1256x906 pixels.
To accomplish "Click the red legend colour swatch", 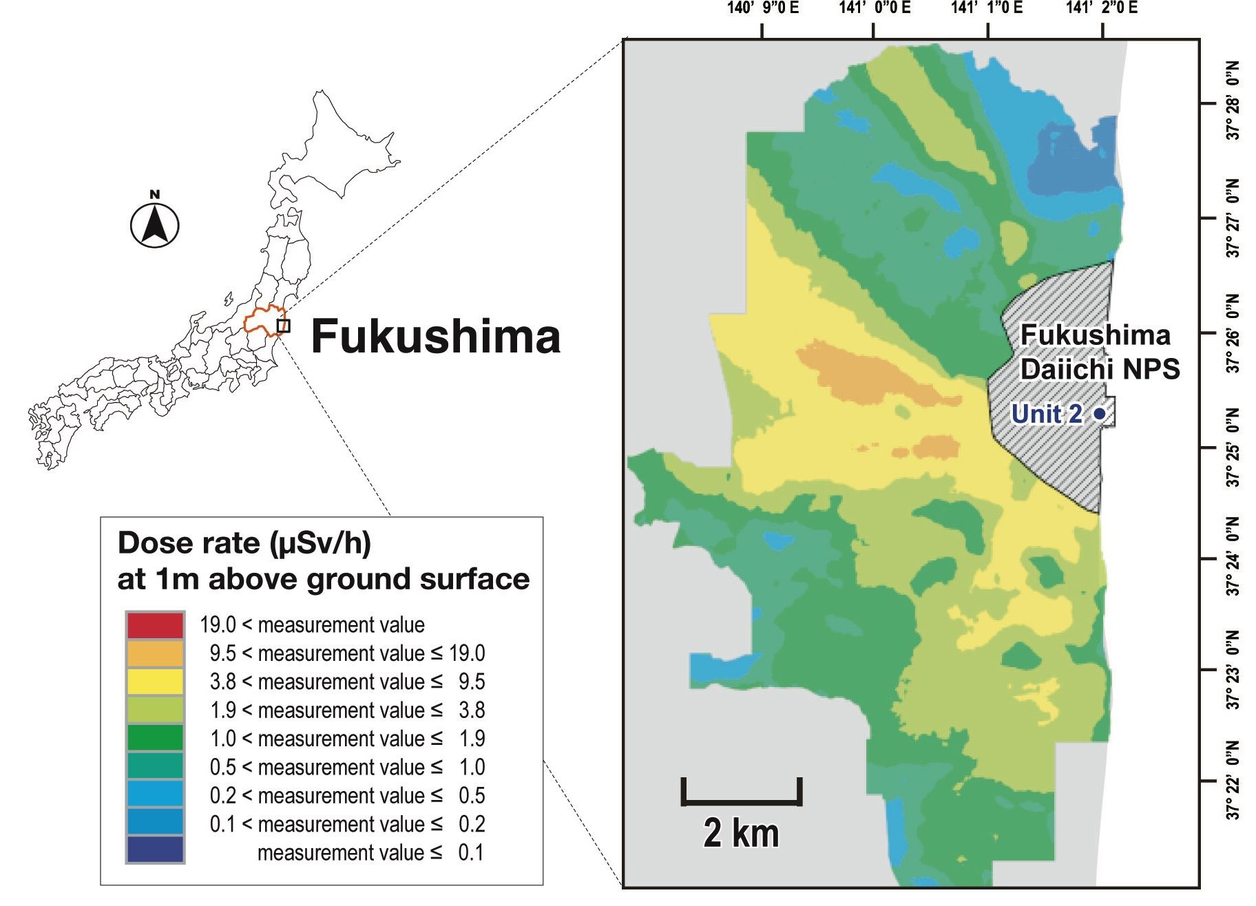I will pyautogui.click(x=155, y=625).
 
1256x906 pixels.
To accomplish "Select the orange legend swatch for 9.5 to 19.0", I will pyautogui.click(x=155, y=653).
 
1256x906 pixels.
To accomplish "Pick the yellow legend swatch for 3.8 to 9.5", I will pyautogui.click(x=155, y=682).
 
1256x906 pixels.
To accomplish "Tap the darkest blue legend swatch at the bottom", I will pyautogui.click(x=155, y=850).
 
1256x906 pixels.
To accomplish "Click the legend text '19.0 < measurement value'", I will pyautogui.click(x=312, y=625).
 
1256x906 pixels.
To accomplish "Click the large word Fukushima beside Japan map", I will pyautogui.click(x=435, y=337).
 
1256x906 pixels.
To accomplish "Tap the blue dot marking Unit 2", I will pyautogui.click(x=1100, y=414).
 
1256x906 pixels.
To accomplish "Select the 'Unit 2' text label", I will pyautogui.click(x=1046, y=414).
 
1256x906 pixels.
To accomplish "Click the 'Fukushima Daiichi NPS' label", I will pyautogui.click(x=1098, y=351).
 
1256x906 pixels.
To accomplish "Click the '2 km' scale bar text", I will pyautogui.click(x=741, y=834).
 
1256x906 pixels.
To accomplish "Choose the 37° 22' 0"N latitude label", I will pyautogui.click(x=1233, y=781).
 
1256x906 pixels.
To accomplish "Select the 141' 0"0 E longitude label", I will pyautogui.click(x=875, y=8).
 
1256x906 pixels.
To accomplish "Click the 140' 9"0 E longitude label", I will pyautogui.click(x=762, y=8).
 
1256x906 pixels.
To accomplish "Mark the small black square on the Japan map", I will pyautogui.click(x=283, y=326).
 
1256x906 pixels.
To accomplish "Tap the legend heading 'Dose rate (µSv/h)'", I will pyautogui.click(x=244, y=544).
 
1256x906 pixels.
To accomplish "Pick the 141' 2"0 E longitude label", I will pyautogui.click(x=1102, y=8).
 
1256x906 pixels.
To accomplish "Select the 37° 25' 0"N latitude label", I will pyautogui.click(x=1233, y=447).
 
